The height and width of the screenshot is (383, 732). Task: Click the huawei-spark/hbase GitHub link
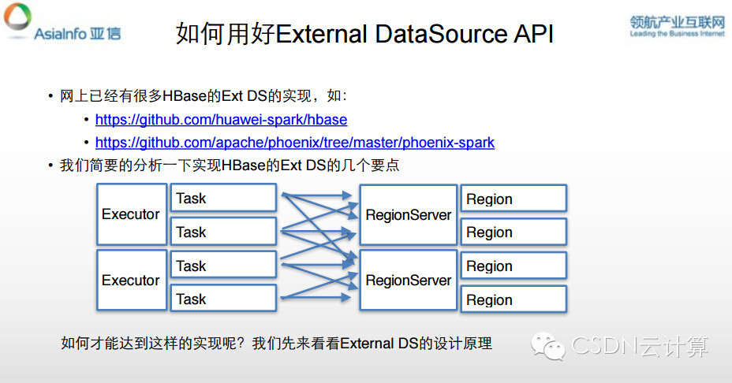point(221,121)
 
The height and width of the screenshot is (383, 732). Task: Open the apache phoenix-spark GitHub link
point(294,143)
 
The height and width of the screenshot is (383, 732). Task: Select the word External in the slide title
point(321,35)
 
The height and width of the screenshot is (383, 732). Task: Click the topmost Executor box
point(131,214)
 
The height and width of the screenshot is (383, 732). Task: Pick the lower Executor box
point(131,281)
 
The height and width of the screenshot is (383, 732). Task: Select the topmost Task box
point(223,198)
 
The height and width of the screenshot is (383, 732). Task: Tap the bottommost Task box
point(223,299)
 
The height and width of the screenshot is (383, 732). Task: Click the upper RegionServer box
point(408,214)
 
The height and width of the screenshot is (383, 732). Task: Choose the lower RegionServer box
point(408,281)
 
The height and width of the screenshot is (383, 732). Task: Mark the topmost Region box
point(514,199)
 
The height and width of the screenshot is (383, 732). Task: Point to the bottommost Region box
point(514,299)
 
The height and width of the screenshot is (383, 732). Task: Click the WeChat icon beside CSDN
point(548,344)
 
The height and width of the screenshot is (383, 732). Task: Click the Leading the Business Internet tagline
point(676,34)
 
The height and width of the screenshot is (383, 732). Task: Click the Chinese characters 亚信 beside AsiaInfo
point(105,34)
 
